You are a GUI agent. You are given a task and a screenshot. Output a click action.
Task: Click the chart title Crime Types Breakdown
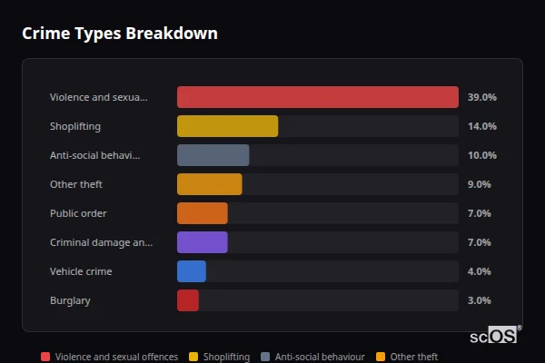119,34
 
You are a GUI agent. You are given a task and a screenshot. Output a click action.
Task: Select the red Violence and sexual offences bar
317,97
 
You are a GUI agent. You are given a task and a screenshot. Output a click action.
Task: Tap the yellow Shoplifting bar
227,126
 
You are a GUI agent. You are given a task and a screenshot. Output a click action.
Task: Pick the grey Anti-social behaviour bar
213,155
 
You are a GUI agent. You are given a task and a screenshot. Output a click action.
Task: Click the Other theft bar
209,184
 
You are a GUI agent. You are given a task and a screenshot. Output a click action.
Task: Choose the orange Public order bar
202,213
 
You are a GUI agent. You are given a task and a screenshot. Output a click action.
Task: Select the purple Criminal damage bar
202,242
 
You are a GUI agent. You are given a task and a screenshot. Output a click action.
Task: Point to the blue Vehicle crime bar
192,271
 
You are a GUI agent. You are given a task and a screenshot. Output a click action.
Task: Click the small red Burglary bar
188,300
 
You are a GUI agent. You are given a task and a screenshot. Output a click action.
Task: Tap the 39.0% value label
481,97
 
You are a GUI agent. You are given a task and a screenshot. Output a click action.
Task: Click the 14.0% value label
481,126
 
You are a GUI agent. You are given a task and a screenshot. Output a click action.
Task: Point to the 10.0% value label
481,155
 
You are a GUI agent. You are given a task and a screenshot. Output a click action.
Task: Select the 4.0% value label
479,271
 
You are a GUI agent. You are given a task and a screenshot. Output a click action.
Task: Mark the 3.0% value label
479,300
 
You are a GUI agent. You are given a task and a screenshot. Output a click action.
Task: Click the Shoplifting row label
74,126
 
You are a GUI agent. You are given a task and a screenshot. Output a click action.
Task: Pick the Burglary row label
70,300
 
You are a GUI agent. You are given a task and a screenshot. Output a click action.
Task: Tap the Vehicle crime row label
81,271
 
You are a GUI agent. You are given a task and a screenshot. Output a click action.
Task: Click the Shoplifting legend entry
220,357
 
